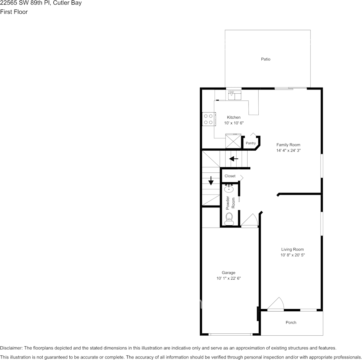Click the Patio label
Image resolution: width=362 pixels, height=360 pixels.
coord(266,59)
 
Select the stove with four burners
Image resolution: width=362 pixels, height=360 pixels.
coord(208,119)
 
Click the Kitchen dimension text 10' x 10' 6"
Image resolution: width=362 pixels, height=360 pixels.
coord(234,123)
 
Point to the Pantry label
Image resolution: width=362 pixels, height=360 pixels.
coord(251,143)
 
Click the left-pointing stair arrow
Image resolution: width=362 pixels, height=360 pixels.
coord(234,159)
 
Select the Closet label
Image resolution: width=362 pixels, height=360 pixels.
coord(230,176)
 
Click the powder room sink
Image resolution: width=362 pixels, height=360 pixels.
coord(229,188)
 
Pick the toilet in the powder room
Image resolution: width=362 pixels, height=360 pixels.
coord(229,218)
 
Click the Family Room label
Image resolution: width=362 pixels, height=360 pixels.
coord(288,145)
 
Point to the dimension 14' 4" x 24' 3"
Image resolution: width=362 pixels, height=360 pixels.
coord(288,151)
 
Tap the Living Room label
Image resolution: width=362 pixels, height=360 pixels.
coord(292,249)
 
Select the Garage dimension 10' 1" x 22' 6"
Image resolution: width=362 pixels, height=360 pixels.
coord(229,279)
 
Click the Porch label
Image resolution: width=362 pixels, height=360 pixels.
coord(291,322)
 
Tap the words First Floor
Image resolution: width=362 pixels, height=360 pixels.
coord(14,12)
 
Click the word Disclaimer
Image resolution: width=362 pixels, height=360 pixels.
coord(11,348)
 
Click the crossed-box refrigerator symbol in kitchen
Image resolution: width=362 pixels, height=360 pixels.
coord(233,141)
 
